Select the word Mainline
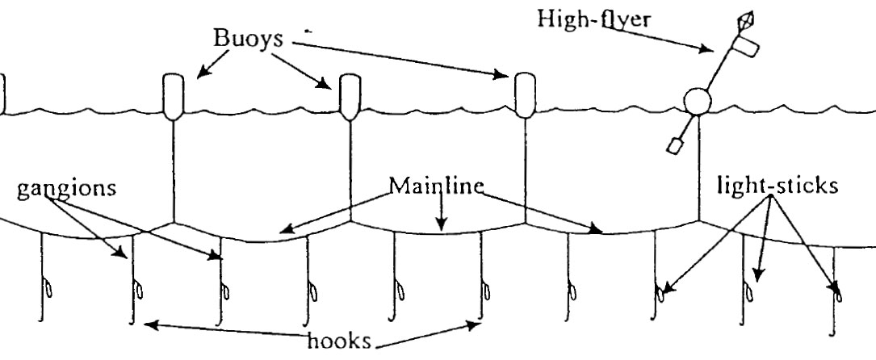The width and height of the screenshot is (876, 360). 436,186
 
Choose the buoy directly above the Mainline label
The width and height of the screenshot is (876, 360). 349,94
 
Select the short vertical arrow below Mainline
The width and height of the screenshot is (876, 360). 440,211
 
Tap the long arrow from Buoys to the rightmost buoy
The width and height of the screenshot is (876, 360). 396,60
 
